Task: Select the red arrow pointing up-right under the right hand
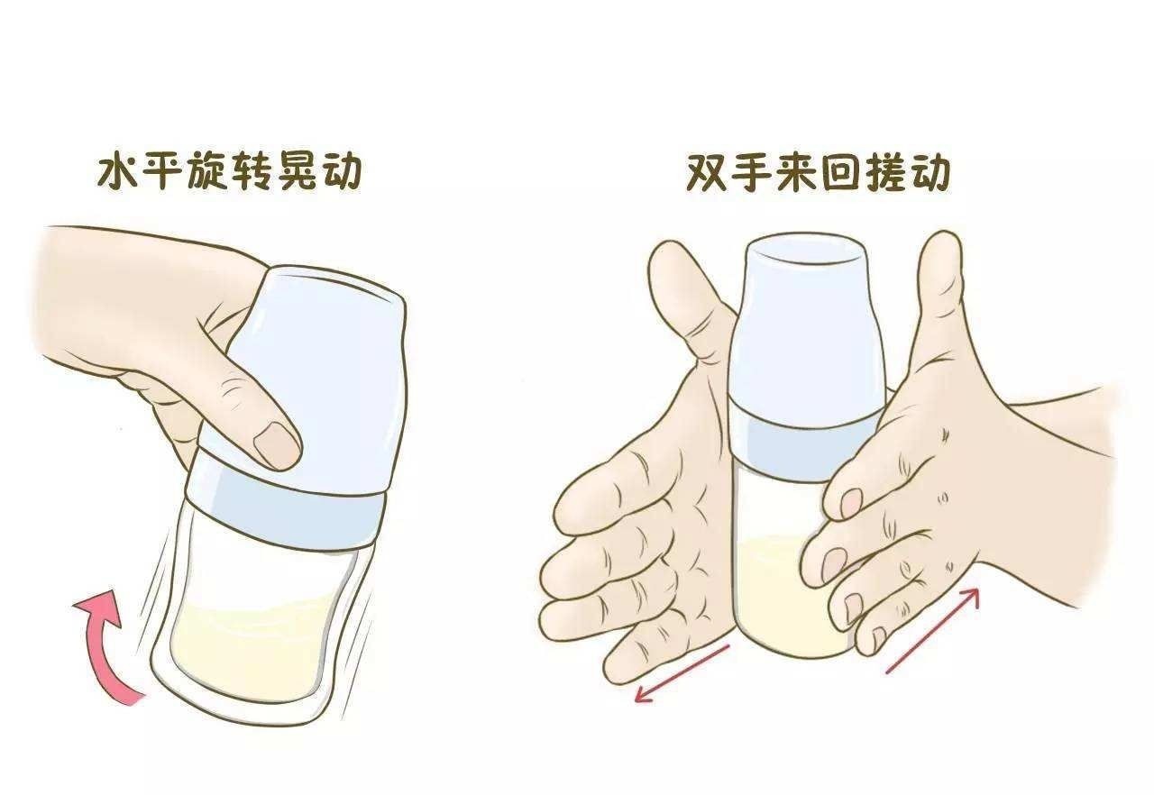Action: [x=933, y=630]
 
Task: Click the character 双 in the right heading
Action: [x=709, y=173]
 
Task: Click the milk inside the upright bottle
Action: [x=775, y=595]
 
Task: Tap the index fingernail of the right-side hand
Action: [x=850, y=504]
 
